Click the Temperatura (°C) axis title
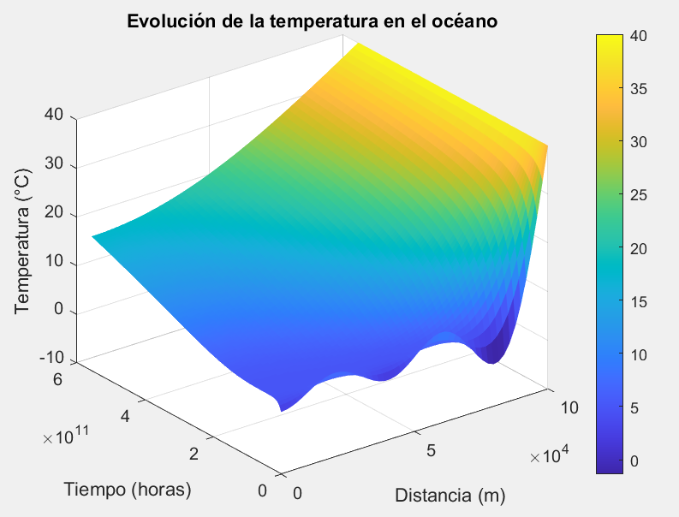coord(23,243)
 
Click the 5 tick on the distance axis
coord(432,449)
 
